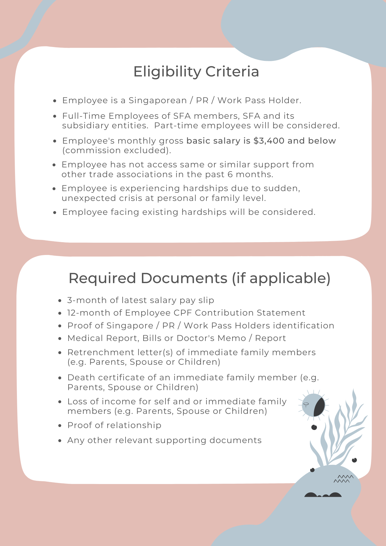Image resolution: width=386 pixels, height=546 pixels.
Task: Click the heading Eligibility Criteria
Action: (x=196, y=72)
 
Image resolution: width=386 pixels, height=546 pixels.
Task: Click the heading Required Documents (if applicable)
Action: (x=199, y=278)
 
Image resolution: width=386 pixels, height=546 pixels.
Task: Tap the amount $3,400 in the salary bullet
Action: (x=269, y=141)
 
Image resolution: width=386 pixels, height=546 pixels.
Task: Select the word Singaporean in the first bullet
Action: (x=158, y=100)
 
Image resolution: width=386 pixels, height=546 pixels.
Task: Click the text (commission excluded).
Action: (x=117, y=150)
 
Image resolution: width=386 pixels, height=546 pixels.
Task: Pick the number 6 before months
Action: (x=230, y=174)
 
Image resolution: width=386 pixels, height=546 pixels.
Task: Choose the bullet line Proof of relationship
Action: (x=114, y=425)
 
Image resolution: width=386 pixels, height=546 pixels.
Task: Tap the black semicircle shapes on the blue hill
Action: (x=323, y=495)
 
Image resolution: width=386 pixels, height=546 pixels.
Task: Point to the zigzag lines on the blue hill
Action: (x=343, y=479)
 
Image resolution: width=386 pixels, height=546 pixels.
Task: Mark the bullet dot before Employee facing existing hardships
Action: (x=55, y=212)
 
